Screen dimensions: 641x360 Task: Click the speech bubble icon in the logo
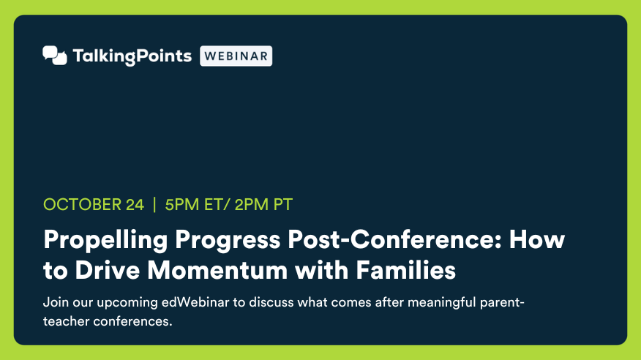[55, 56]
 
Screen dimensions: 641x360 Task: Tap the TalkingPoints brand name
[132, 56]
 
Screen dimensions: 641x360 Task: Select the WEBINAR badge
[236, 56]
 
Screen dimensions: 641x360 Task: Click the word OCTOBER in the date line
[82, 205]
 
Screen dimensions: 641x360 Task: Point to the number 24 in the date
[135, 205]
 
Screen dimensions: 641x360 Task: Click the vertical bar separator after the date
[154, 205]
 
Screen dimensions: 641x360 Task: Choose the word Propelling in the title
[105, 241]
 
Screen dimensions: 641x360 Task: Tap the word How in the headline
[537, 239]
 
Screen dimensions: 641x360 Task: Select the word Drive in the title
[108, 270]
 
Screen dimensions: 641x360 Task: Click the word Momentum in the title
[217, 270]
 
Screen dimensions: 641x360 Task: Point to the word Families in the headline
[405, 270]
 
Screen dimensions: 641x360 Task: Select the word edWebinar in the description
[195, 302]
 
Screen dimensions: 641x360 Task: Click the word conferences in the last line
[133, 321]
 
